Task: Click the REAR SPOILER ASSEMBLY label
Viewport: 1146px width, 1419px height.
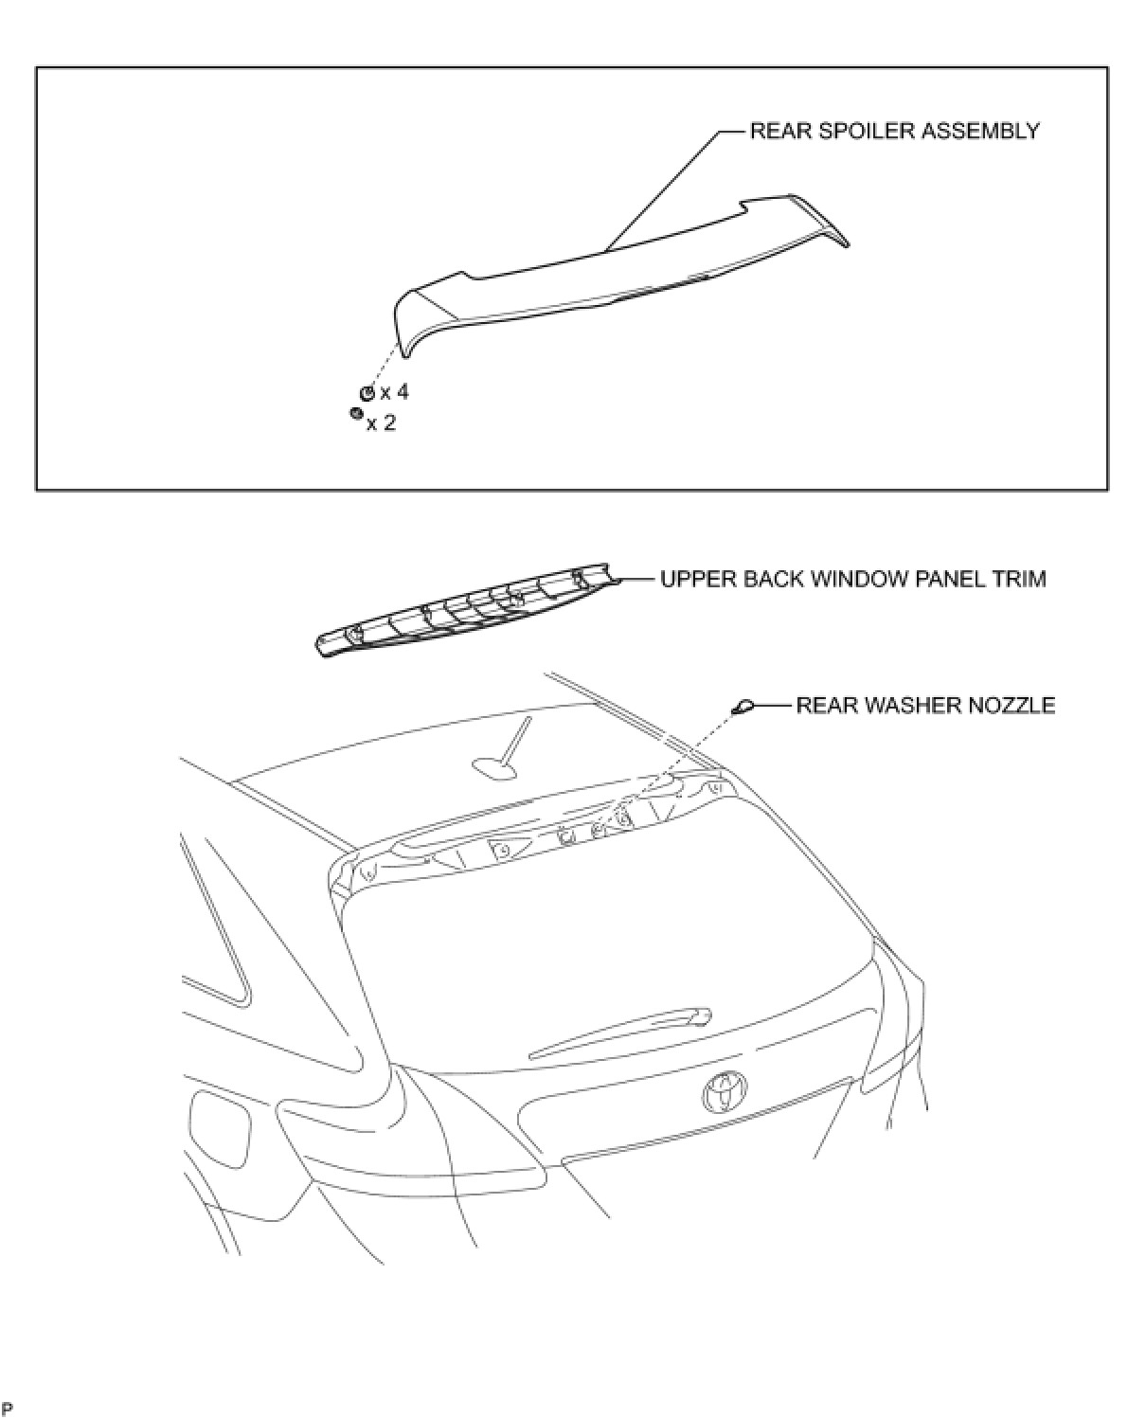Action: point(894,131)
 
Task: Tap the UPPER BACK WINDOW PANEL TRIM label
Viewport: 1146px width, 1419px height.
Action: point(852,579)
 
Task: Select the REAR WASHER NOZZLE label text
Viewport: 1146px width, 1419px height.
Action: point(924,706)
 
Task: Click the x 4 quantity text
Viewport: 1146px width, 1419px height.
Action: point(394,392)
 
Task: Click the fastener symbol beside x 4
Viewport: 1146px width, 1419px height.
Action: point(367,393)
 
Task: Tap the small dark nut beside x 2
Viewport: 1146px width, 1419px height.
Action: point(355,414)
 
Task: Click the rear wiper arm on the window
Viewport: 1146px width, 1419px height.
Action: point(620,1034)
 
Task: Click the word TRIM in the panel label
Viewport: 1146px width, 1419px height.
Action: point(1022,579)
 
